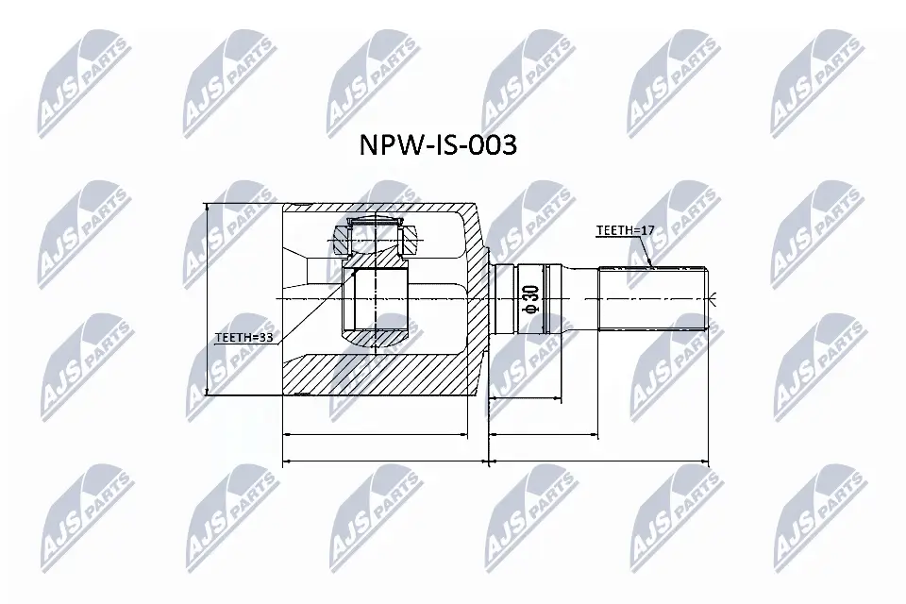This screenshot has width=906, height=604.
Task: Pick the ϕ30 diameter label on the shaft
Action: click(530, 298)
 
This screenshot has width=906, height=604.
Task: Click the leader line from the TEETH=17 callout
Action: click(646, 249)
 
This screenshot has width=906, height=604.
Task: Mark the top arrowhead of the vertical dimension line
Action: click(206, 209)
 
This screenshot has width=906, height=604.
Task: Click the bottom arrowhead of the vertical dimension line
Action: click(206, 391)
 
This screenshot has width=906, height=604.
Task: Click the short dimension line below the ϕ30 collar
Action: click(545, 435)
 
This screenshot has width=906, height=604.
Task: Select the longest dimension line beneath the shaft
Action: click(599, 462)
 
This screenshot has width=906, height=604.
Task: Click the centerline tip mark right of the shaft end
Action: click(715, 299)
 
